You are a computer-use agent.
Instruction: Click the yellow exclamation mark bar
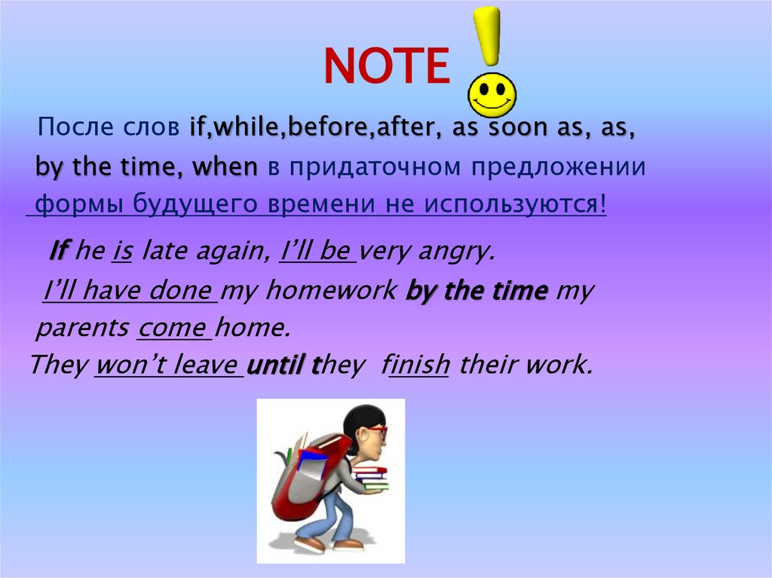click(x=490, y=34)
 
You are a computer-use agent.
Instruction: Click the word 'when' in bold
click(x=225, y=167)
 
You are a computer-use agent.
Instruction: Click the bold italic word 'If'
click(x=60, y=251)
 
